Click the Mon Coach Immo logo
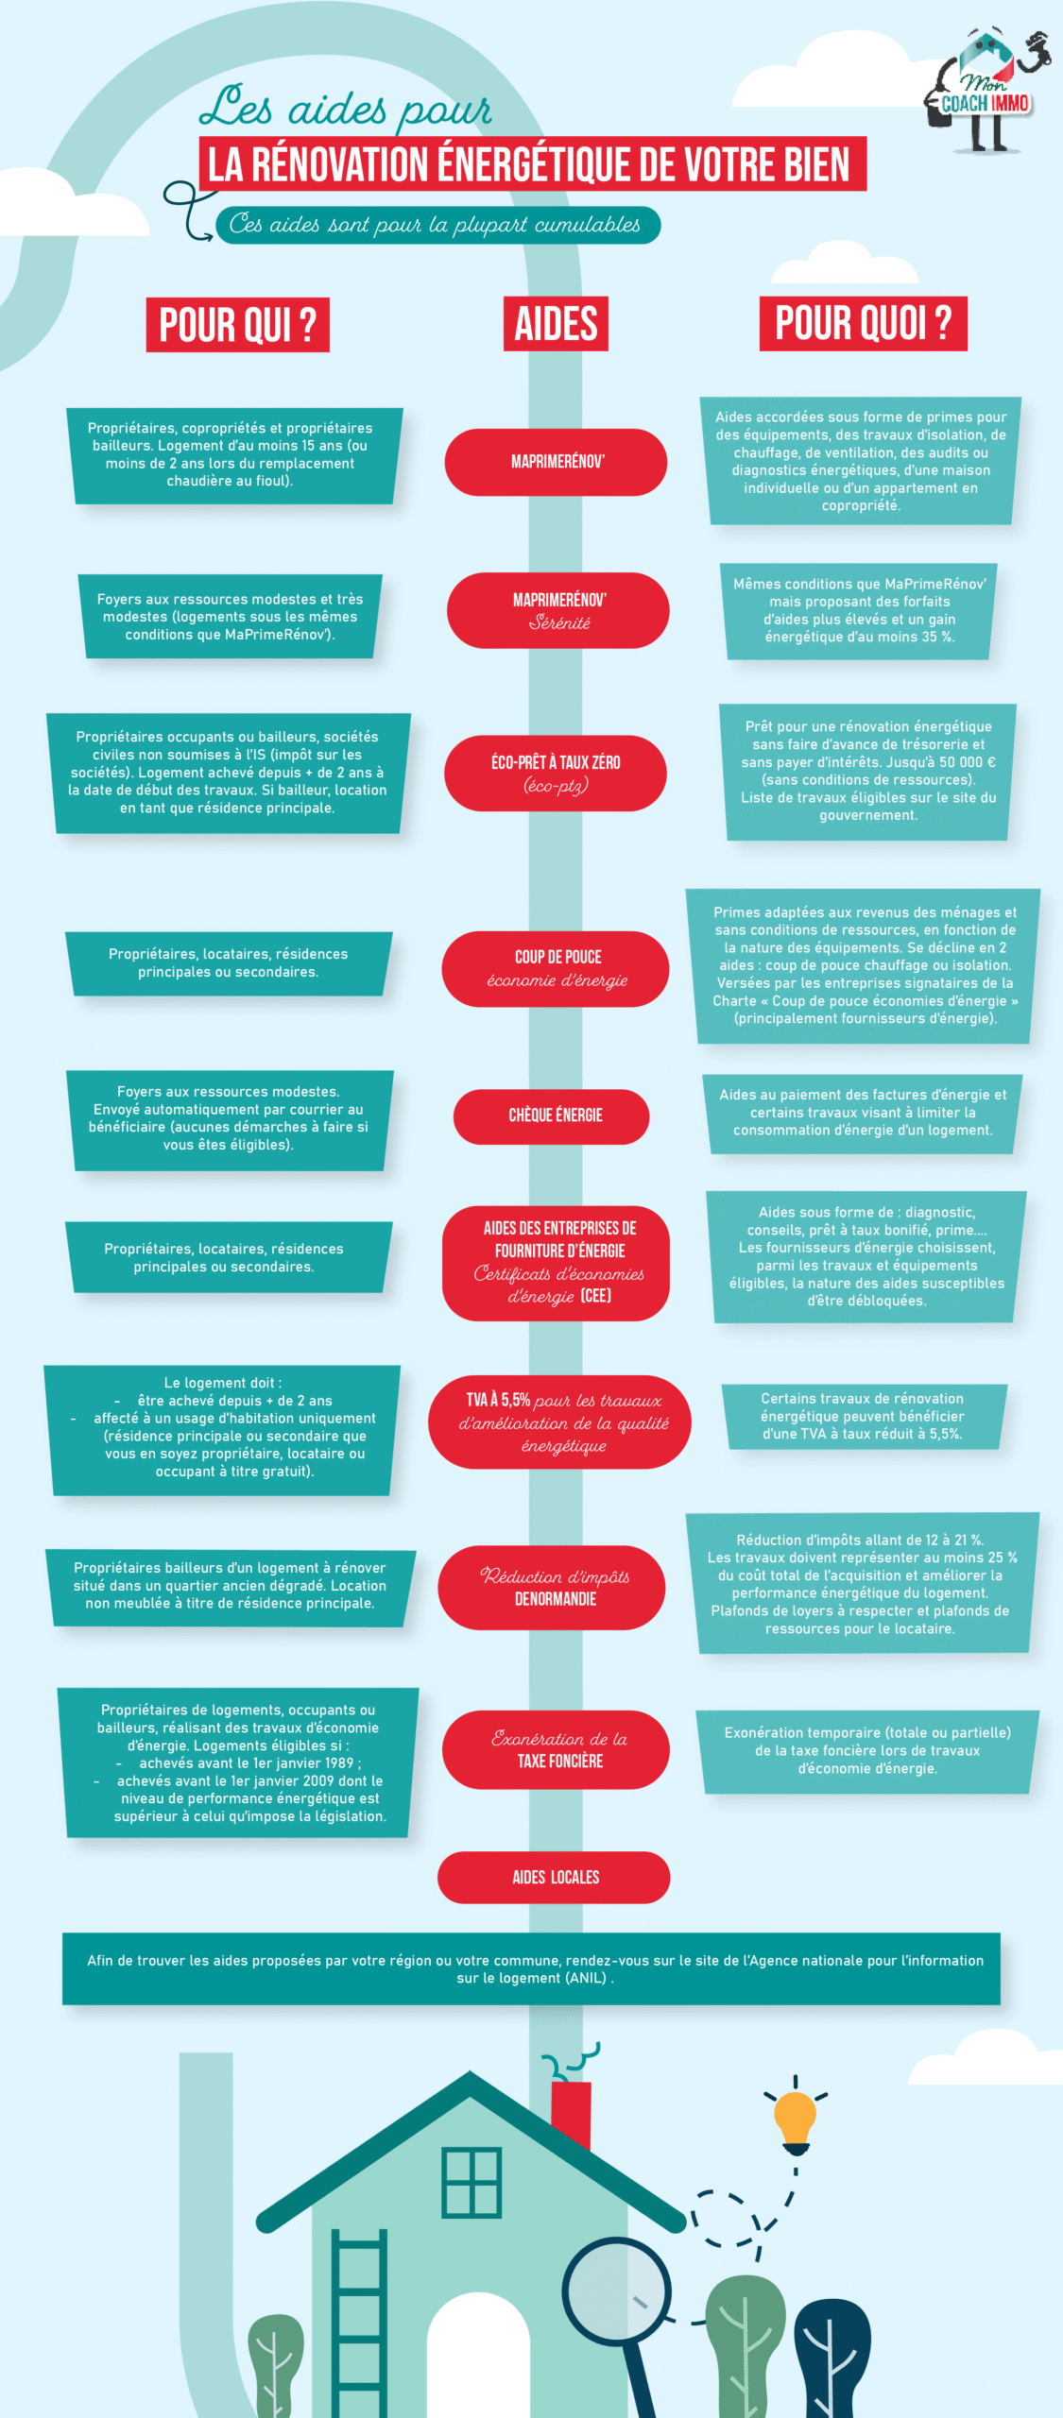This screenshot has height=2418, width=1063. tap(986, 91)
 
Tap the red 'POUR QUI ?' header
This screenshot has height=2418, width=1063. tap(238, 325)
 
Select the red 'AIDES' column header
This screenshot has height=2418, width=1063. tap(556, 324)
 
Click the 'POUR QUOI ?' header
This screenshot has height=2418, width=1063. tap(863, 323)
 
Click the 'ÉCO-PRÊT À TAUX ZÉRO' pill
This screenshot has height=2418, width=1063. tap(556, 773)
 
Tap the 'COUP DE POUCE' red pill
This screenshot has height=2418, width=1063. tap(556, 969)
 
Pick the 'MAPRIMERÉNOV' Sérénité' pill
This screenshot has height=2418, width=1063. tap(557, 610)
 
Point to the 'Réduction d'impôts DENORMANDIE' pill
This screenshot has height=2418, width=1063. tap(552, 1588)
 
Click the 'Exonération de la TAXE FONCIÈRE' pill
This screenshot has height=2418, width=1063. tap(556, 1749)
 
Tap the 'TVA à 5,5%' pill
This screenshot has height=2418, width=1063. tap(559, 1422)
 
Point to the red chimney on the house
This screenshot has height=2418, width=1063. tap(571, 2113)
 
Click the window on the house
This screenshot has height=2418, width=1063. tap(471, 2182)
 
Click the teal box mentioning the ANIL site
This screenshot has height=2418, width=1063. tap(531, 1968)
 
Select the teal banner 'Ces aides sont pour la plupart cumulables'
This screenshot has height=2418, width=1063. tap(437, 225)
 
